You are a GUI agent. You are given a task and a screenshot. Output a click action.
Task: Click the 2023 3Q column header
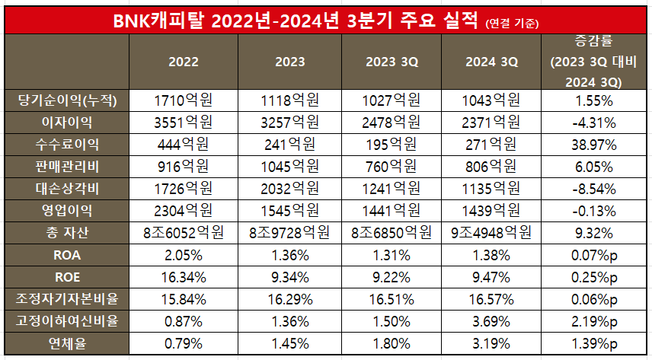tap(385, 62)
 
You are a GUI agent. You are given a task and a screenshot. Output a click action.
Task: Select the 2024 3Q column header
tap(491, 62)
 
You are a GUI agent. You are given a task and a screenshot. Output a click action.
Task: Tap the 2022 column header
tap(184, 62)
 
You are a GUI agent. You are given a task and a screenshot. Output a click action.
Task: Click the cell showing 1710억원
tap(184, 100)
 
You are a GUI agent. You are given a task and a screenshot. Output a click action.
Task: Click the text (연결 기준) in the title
tap(512, 24)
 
